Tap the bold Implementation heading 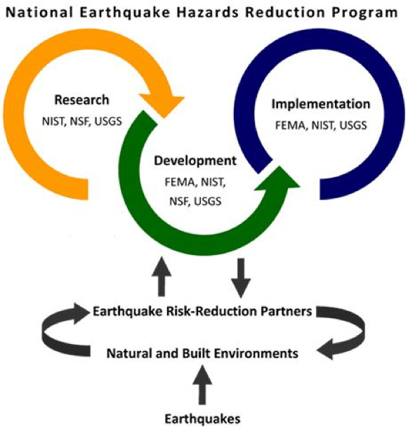tap(320, 104)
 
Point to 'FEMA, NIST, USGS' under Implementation tap(320, 126)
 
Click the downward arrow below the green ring tap(241, 276)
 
